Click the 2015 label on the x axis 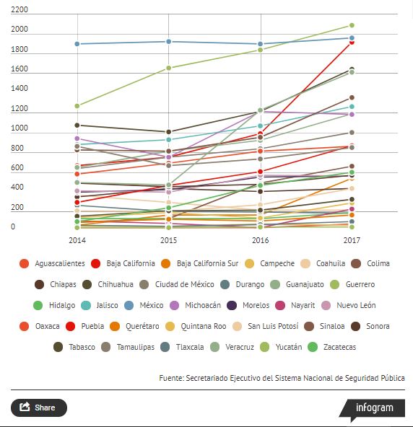tap(168, 240)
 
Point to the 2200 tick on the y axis tap(19, 10)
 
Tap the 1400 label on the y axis tap(19, 88)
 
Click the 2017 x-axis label tap(352, 240)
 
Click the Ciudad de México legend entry tap(177, 285)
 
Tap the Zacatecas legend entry tap(331, 347)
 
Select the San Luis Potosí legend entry tap(266, 326)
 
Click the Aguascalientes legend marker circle tap(25, 263)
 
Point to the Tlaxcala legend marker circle tap(165, 347)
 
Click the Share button tap(39, 408)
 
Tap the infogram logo tap(373, 409)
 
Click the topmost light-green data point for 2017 tap(352, 25)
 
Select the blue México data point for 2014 tap(77, 44)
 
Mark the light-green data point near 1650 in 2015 tap(169, 68)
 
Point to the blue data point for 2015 tap(169, 42)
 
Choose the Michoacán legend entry tap(195, 305)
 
